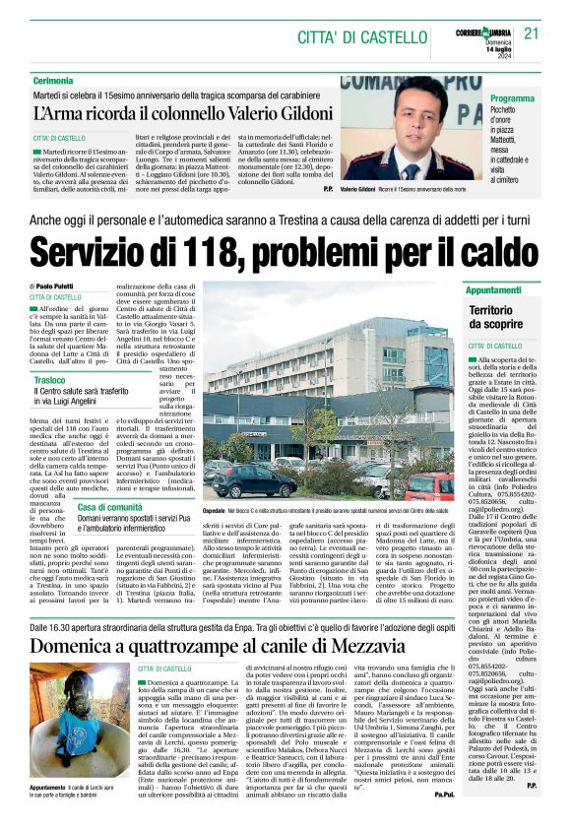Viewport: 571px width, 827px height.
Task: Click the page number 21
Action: [x=533, y=32]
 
